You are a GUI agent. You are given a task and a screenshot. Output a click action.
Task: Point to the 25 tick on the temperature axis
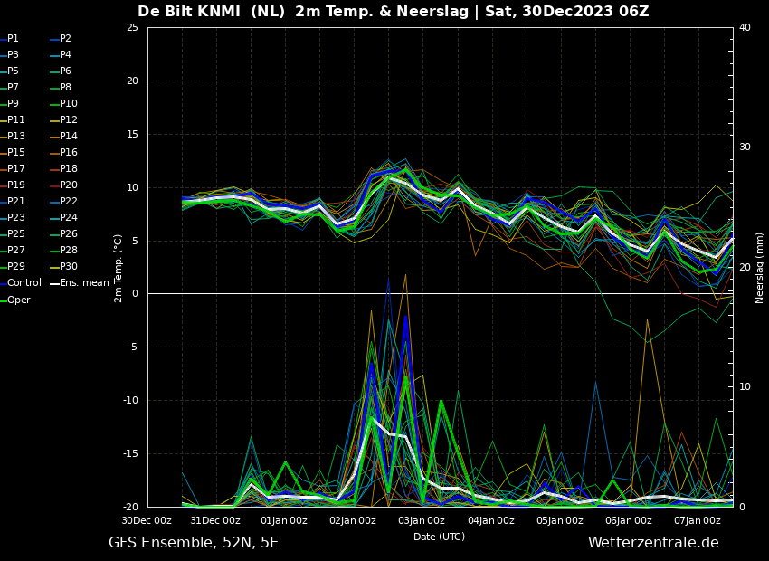[132, 27]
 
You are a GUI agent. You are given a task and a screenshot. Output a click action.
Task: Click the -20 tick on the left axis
[130, 507]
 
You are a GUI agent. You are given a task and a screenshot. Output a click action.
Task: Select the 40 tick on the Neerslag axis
[745, 27]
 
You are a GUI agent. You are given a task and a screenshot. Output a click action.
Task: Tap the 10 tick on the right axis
[745, 387]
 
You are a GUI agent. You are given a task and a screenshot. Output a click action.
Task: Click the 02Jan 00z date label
[353, 520]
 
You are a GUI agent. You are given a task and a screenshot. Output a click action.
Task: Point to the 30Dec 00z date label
[147, 520]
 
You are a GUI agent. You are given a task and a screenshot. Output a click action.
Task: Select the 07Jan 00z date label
[697, 520]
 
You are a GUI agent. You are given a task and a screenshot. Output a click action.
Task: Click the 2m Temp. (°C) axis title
[118, 268]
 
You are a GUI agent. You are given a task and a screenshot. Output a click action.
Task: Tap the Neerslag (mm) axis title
[759, 268]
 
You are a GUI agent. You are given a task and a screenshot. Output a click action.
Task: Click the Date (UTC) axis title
[439, 537]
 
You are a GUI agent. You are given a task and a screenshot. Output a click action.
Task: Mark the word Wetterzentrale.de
[653, 542]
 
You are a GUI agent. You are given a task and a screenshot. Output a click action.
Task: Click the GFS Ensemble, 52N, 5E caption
[194, 543]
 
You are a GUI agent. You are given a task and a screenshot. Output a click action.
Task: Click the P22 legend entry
[69, 201]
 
